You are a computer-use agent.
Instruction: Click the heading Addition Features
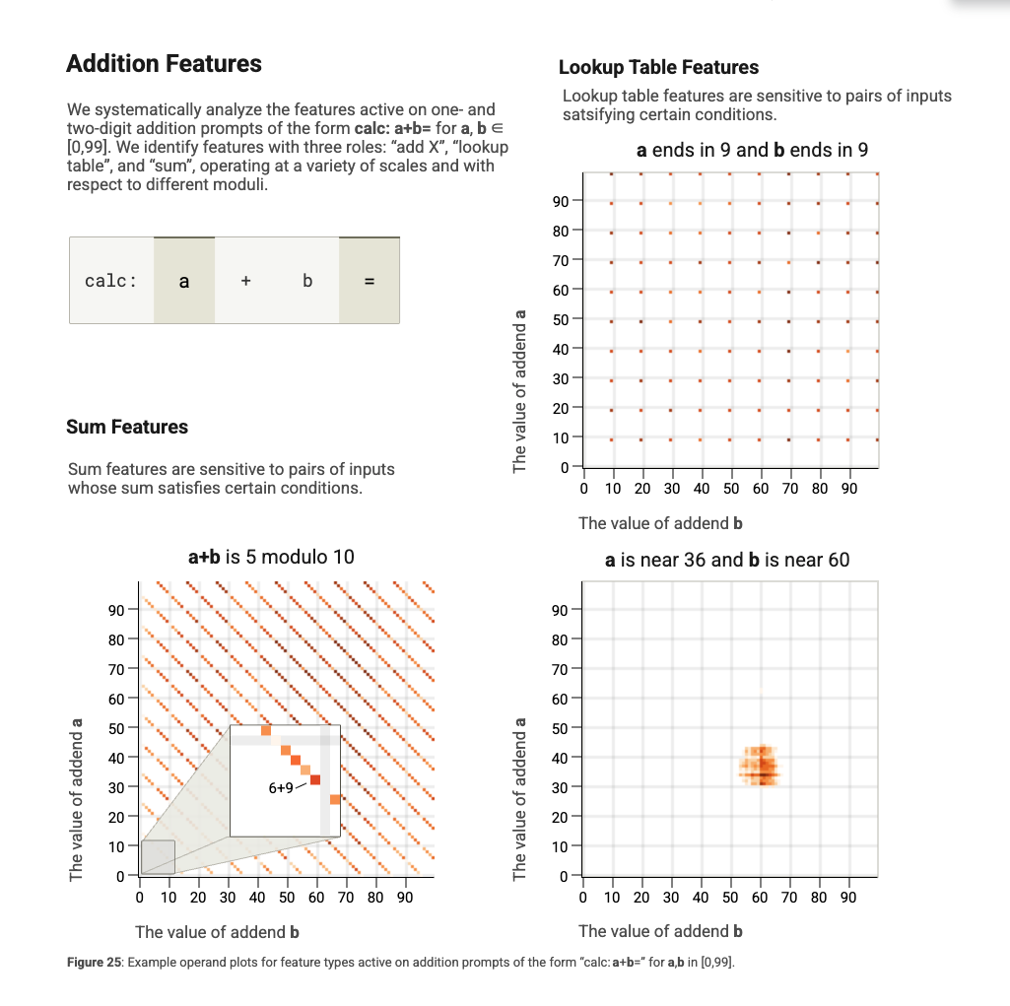tap(165, 64)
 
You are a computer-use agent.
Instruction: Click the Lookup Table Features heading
tap(658, 67)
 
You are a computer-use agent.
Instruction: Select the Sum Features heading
tap(127, 427)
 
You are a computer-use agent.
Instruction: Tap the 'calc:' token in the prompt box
tap(110, 281)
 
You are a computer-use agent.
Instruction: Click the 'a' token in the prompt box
tap(184, 281)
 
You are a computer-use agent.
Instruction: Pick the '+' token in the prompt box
tap(246, 281)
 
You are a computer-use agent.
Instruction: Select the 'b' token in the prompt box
tap(307, 281)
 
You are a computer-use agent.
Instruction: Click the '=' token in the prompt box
tap(370, 281)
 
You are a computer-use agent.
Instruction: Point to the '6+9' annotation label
tap(281, 787)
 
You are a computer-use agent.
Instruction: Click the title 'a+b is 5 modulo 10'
tap(271, 557)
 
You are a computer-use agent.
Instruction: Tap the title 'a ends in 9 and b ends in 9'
tap(753, 150)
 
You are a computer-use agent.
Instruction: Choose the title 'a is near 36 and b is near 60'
tap(727, 560)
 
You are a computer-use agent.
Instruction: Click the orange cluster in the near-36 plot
tap(760, 766)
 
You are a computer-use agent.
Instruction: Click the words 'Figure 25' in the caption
tap(94, 963)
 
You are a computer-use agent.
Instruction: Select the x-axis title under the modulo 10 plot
tap(217, 932)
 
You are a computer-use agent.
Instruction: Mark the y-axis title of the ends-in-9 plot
tap(519, 391)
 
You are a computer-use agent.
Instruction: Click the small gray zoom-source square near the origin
tap(158, 857)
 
